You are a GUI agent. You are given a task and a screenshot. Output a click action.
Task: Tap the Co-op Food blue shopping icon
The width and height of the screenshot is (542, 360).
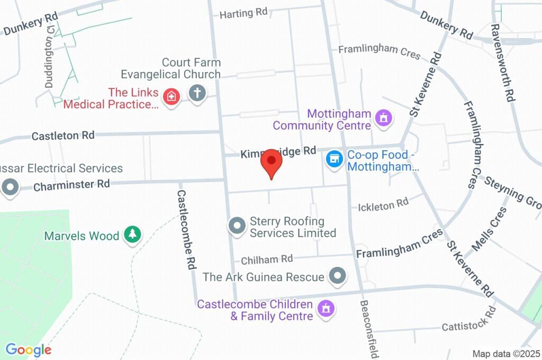click(x=334, y=158)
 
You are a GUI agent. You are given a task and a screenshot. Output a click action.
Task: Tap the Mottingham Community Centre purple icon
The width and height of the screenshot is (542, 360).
click(x=383, y=118)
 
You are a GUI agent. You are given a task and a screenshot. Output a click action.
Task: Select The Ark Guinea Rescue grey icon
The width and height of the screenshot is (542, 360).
click(x=337, y=276)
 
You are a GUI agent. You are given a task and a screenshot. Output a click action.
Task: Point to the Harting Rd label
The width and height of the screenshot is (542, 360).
click(x=243, y=13)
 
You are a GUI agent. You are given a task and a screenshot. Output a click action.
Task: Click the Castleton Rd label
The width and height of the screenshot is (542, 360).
click(x=63, y=136)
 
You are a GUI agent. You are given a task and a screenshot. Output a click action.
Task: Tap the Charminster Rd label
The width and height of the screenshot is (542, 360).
click(x=71, y=185)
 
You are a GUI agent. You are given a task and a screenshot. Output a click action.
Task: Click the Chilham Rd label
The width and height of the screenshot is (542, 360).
click(x=267, y=259)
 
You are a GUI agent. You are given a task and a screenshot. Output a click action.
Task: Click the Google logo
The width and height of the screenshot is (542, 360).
click(x=28, y=349)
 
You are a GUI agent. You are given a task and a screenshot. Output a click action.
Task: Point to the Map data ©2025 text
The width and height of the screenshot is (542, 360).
click(x=506, y=354)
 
